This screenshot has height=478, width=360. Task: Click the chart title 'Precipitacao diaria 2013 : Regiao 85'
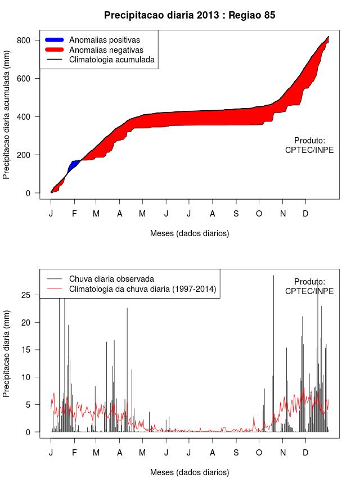pyautogui.click(x=190, y=15)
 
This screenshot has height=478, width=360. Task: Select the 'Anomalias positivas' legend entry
pyautogui.click(x=104, y=40)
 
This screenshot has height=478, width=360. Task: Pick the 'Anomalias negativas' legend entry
pyautogui.click(x=106, y=49)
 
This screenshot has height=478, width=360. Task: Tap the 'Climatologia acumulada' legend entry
pyautogui.click(x=111, y=59)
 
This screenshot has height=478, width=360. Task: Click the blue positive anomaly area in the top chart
pyautogui.click(x=73, y=165)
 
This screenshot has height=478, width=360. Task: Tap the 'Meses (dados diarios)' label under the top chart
pyautogui.click(x=190, y=233)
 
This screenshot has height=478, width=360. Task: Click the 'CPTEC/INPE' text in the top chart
pyautogui.click(x=309, y=150)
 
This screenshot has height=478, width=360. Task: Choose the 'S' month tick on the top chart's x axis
pyautogui.click(x=236, y=214)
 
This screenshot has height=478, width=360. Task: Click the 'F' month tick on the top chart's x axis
pyautogui.click(x=74, y=214)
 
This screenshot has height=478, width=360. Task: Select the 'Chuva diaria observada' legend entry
pyautogui.click(x=111, y=278)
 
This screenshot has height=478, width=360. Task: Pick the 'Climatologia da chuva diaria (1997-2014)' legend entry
pyautogui.click(x=142, y=289)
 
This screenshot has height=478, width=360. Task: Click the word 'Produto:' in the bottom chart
pyautogui.click(x=309, y=281)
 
